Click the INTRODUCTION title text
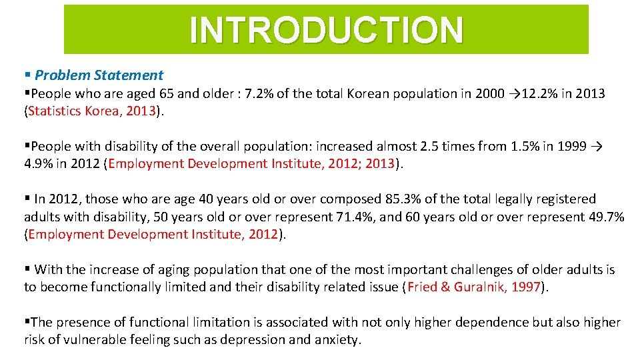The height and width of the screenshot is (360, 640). tap(326, 30)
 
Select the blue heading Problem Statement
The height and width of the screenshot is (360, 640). tap(99, 75)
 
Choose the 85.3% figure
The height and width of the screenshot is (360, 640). tap(405, 199)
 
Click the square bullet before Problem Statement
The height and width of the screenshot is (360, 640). tap(27, 75)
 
